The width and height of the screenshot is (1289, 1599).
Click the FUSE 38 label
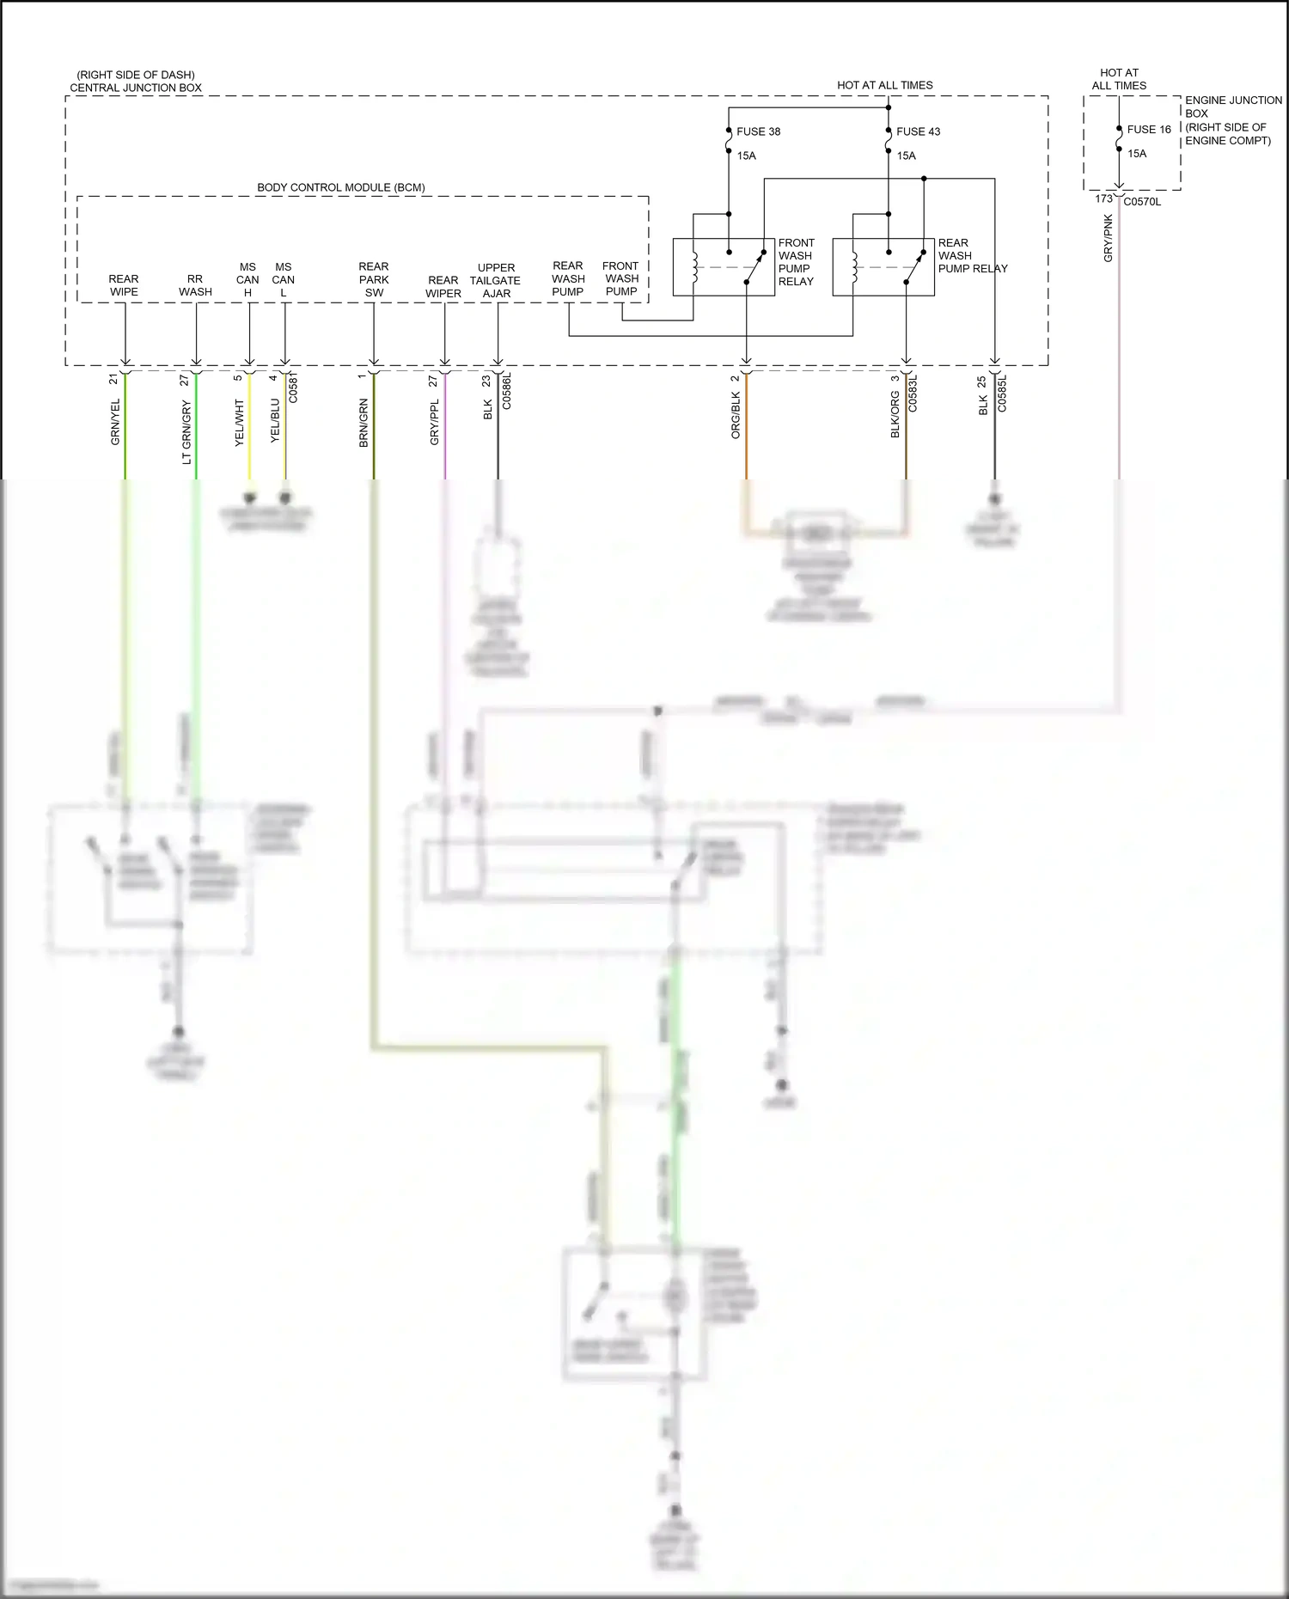[x=758, y=131]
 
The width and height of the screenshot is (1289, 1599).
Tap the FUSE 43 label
[x=918, y=131]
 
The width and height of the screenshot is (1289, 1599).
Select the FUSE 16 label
[x=1149, y=130]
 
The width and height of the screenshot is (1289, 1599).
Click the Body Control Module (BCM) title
[x=341, y=187]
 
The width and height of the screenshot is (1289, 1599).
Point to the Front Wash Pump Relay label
[x=796, y=262]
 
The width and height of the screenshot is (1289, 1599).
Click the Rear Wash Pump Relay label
[x=972, y=256]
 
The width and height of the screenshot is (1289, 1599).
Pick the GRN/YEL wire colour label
[x=116, y=422]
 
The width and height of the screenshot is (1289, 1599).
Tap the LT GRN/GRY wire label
[x=186, y=432]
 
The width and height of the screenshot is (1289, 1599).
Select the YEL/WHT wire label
[x=240, y=422]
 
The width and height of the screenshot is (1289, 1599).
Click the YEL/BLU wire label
[x=275, y=420]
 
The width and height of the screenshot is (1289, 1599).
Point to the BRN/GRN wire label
[x=363, y=423]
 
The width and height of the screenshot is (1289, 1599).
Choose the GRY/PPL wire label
[x=435, y=422]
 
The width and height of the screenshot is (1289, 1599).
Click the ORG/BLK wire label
[x=736, y=416]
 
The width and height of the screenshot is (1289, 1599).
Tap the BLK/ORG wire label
[x=895, y=415]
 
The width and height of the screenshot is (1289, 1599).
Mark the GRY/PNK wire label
[x=1109, y=238]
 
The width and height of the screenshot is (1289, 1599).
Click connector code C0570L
[x=1142, y=202]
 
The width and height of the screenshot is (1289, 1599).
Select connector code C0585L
[x=1002, y=394]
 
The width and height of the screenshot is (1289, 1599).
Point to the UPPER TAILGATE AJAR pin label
[x=496, y=280]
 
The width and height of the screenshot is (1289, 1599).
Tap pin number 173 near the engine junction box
[x=1103, y=198]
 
